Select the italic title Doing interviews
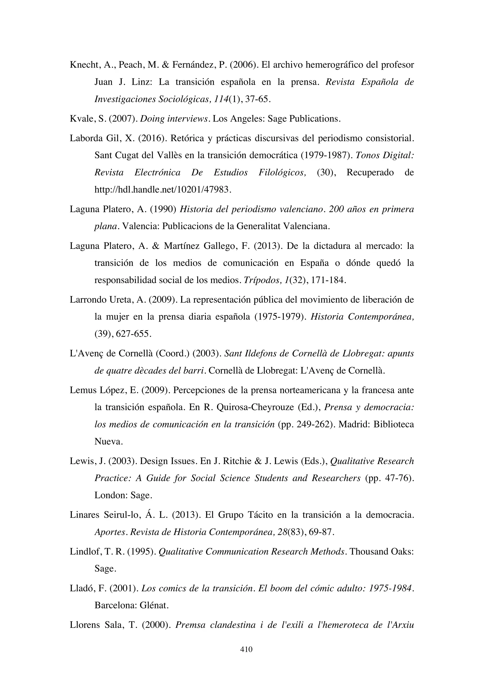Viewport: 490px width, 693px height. [x=174, y=119]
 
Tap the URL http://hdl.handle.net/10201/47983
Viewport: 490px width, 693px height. [x=163, y=190]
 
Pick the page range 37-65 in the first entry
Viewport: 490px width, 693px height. [x=257, y=99]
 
